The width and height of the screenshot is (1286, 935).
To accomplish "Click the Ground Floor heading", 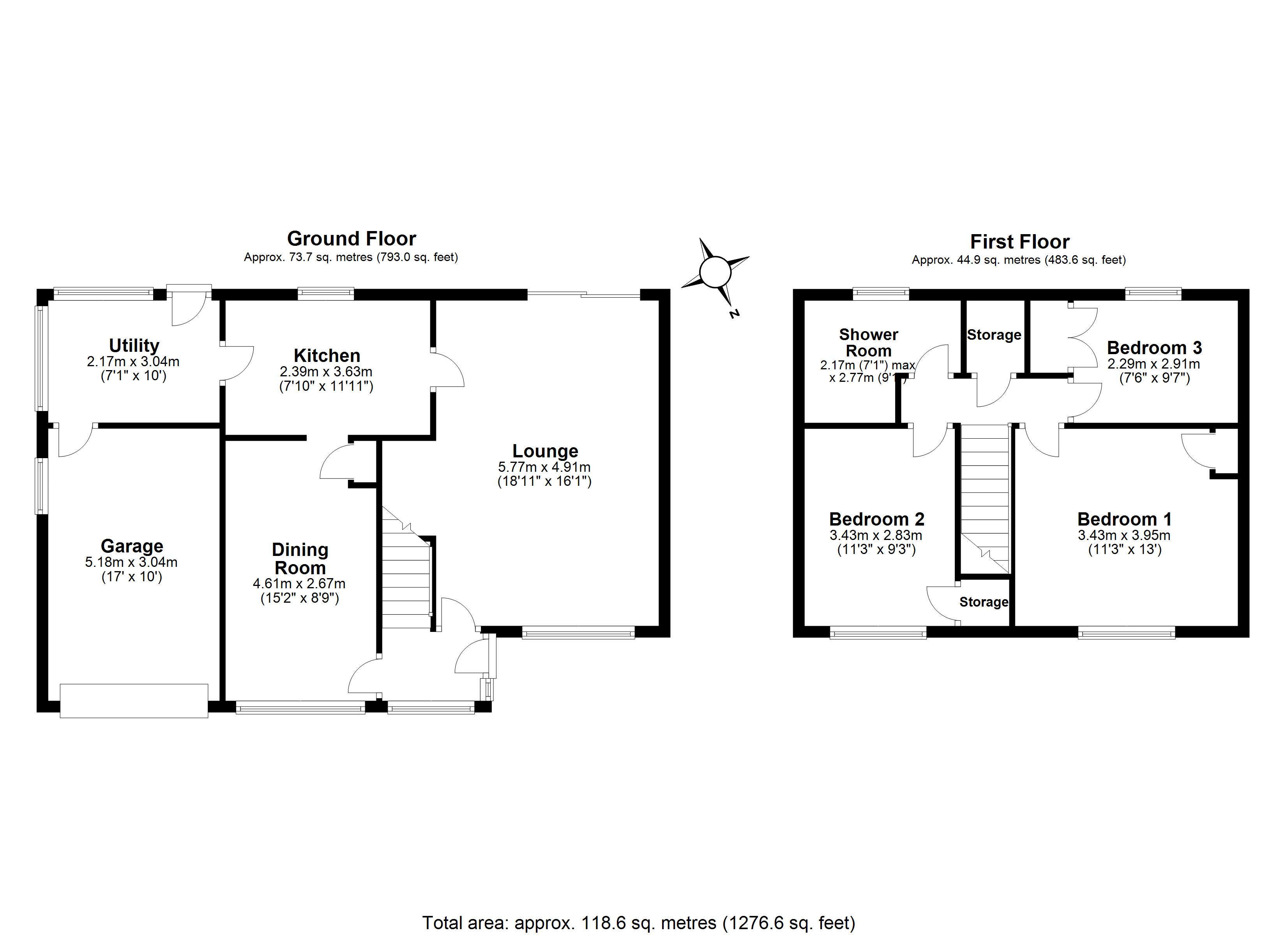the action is (x=352, y=239).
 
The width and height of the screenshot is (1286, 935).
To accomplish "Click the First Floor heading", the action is (x=1019, y=242).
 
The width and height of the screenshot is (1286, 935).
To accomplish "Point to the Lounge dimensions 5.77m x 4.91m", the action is (x=544, y=467).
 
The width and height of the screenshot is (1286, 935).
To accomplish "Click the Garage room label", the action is (x=132, y=546).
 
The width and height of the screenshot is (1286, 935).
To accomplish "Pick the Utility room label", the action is (x=134, y=345).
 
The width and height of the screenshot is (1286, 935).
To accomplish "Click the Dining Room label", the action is (x=300, y=559).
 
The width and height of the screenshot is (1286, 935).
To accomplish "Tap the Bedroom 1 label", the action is (x=1124, y=519).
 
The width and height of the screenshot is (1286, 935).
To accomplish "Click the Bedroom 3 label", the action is (x=1154, y=347).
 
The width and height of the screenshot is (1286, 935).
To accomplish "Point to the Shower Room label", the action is (x=869, y=342).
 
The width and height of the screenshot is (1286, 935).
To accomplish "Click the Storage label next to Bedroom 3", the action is (x=994, y=335).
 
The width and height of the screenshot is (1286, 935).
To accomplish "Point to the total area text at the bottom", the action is (x=638, y=923).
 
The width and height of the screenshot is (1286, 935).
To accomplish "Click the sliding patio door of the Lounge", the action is (x=584, y=294).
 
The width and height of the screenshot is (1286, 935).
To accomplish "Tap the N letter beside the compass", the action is (x=734, y=314).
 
